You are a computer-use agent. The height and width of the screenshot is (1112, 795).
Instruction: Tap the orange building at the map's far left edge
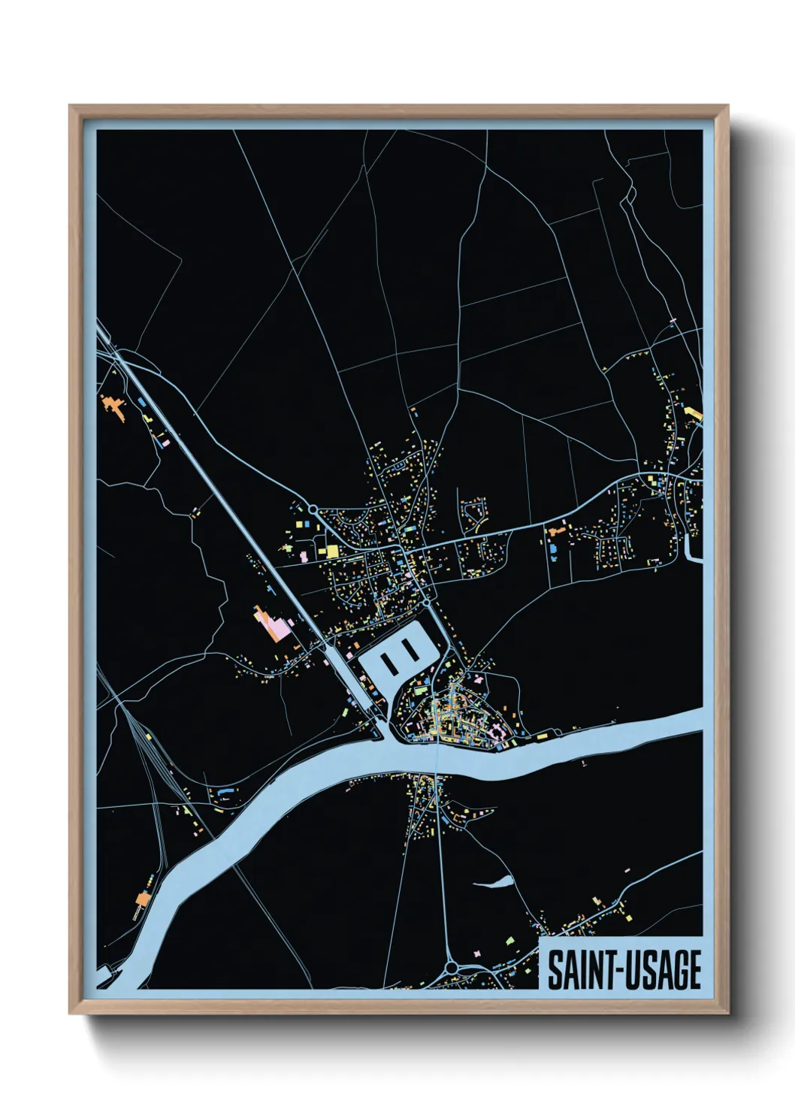coord(112,406)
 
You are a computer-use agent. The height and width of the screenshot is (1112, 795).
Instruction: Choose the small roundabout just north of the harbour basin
coord(426,602)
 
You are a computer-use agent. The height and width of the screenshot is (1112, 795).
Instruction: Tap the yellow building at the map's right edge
coord(693,412)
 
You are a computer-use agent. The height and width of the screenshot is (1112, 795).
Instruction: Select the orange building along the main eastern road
coord(558,531)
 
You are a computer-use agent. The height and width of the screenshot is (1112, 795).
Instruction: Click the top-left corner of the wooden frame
coord(71,107)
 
